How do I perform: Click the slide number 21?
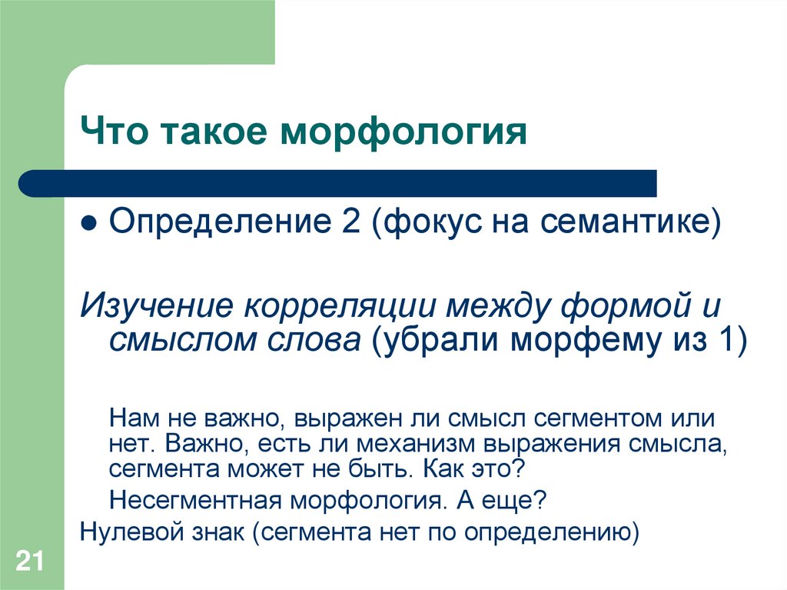pyautogui.click(x=28, y=561)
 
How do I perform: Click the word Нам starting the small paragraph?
pyautogui.click(x=133, y=419)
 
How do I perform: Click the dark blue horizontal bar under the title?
pyautogui.click(x=338, y=183)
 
